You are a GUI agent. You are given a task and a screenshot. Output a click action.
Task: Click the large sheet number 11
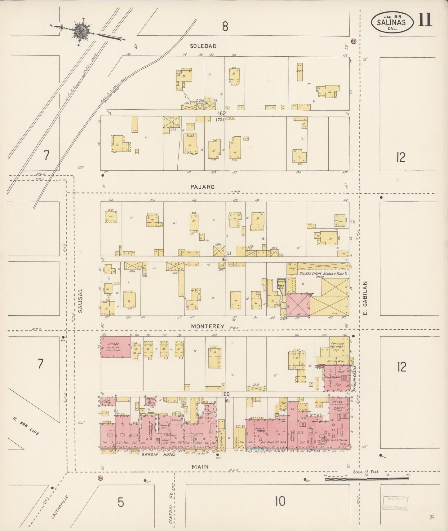[x=425, y=20]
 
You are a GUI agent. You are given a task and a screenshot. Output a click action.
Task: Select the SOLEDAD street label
[x=203, y=46]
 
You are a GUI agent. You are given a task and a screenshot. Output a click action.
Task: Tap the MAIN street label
[x=200, y=467]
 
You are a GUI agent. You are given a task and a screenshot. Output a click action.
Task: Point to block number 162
[x=222, y=113]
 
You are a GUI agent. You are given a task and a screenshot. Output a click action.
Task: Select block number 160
[x=225, y=394]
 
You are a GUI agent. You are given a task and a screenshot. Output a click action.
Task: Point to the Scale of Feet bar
[x=367, y=479]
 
